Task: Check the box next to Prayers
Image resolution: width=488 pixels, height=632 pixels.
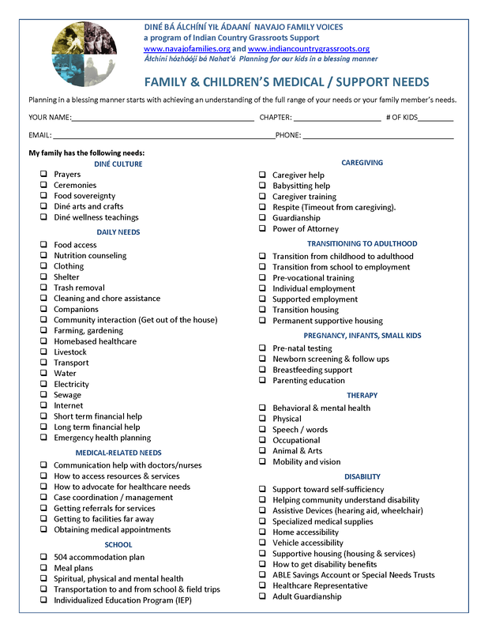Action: [x=43, y=175]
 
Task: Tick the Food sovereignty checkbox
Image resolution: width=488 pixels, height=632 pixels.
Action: [x=43, y=196]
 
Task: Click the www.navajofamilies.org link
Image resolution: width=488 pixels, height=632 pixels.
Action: [x=186, y=49]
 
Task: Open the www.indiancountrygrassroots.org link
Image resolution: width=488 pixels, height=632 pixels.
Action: [x=309, y=49]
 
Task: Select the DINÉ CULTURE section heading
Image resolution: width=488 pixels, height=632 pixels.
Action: [x=118, y=164]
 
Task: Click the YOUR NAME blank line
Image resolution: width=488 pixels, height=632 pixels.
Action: [x=163, y=118]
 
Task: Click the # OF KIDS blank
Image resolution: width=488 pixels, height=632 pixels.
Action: [x=436, y=118]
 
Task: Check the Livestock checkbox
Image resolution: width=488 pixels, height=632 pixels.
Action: [x=43, y=352]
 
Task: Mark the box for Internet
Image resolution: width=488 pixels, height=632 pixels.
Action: [x=43, y=406]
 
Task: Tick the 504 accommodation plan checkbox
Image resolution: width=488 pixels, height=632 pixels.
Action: [x=43, y=558]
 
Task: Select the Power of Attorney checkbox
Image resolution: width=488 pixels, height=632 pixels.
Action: [x=263, y=229]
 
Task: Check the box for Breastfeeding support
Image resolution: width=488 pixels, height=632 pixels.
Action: [x=263, y=370]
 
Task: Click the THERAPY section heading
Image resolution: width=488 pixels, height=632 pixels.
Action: [x=362, y=395]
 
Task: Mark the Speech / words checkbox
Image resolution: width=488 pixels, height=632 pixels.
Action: [x=263, y=430]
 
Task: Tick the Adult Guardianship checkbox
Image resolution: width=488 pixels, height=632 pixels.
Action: [x=263, y=596]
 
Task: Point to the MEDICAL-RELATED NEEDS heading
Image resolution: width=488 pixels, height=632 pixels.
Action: [x=118, y=453]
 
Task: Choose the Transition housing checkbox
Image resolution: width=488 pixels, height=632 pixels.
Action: [x=263, y=310]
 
